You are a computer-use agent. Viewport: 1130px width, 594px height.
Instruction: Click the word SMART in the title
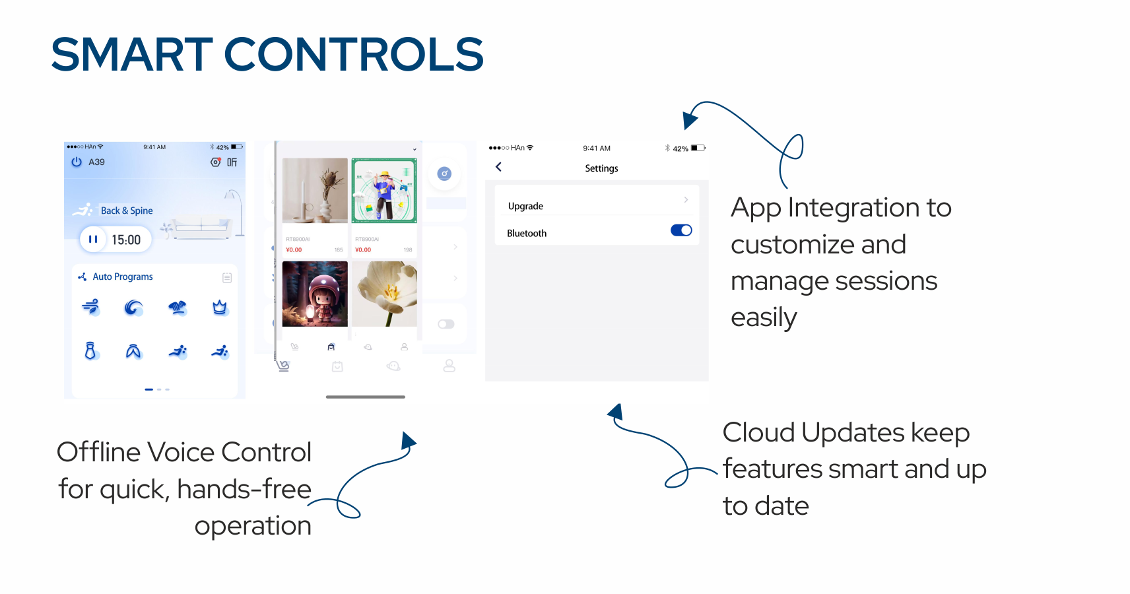pos(132,54)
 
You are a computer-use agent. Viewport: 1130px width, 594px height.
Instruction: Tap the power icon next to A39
pos(77,162)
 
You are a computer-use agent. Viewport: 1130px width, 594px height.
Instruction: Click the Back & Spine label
pos(127,211)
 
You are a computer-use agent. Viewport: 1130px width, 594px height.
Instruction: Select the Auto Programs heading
pos(123,277)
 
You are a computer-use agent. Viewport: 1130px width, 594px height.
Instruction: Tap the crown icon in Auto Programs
pos(220,308)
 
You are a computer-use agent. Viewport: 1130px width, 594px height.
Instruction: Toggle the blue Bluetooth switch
pos(681,230)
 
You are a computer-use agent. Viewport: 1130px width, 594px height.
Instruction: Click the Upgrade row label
pos(525,206)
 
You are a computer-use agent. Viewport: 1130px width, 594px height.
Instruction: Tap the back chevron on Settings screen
pos(499,167)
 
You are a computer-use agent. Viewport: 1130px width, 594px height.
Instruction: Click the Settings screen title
pos(601,168)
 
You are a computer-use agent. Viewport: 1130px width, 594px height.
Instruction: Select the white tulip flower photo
pos(384,294)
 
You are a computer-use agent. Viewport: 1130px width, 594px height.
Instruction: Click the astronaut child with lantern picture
pos(315,294)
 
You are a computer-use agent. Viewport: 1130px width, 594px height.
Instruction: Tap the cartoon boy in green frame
pos(384,190)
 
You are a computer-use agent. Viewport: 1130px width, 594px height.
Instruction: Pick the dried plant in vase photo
pos(315,190)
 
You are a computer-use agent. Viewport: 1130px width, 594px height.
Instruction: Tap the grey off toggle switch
pos(446,324)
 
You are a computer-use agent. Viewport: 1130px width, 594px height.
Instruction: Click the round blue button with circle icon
pos(444,174)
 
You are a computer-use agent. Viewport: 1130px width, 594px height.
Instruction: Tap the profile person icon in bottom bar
pos(449,366)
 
